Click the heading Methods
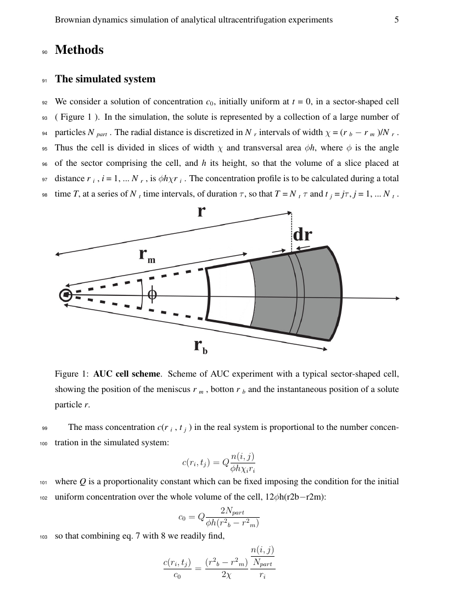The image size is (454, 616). pos(79,50)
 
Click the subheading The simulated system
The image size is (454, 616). pos(105,79)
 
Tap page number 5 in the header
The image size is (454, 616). pos(396,20)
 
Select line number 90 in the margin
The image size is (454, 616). pos(45,52)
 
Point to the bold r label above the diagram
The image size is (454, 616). pos(201,211)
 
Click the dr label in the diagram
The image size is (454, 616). pos(302,235)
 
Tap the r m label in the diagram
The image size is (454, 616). pos(147,255)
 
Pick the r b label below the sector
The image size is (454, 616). pos(200,345)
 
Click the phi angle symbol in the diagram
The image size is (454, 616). pos(152,295)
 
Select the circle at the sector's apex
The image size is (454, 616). pos(66,295)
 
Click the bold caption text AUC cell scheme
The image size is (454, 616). pos(127,374)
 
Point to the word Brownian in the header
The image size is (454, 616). pos(73,20)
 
